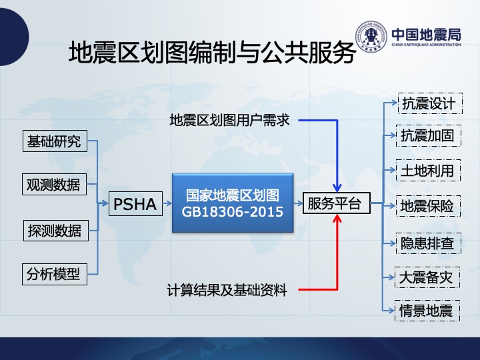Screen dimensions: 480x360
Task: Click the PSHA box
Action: (135, 203)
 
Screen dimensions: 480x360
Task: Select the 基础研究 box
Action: (55, 141)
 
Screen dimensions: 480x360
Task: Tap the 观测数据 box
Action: (54, 184)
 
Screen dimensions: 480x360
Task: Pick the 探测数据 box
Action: (56, 231)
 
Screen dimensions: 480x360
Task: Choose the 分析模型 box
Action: (55, 274)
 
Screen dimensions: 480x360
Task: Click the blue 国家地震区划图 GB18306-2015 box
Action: (233, 203)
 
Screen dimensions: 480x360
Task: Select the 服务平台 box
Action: (337, 203)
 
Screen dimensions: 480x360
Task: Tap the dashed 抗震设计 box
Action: (430, 103)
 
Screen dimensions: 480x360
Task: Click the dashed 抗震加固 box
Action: (429, 135)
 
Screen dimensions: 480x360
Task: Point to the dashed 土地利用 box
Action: (428, 170)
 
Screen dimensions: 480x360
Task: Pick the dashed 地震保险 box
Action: (428, 206)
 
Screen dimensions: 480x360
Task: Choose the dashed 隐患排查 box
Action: (429, 243)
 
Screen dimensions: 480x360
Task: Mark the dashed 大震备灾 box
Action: (427, 277)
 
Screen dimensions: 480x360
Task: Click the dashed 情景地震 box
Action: (427, 311)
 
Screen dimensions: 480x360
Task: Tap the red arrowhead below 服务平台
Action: (337, 218)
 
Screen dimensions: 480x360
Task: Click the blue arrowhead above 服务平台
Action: (337, 187)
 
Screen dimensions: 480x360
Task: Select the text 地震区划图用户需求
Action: (229, 120)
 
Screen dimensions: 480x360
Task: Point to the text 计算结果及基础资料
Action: (227, 290)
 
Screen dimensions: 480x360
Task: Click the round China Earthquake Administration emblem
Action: (371, 36)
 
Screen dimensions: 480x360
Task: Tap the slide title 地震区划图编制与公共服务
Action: (212, 52)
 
